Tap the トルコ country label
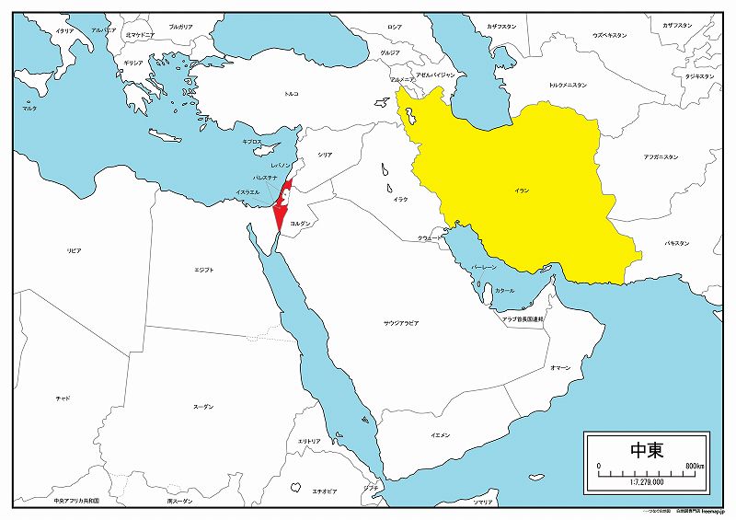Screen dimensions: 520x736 (x=291, y=93)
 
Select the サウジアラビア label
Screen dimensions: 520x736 (x=401, y=323)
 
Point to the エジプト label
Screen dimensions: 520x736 (x=204, y=270)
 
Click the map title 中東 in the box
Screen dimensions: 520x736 (x=648, y=450)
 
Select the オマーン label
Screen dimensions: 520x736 (x=560, y=367)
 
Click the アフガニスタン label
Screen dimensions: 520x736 (x=660, y=157)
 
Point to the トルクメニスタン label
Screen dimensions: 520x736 (x=568, y=85)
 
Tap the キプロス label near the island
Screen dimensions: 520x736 (x=252, y=142)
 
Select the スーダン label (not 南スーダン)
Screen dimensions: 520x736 (x=203, y=406)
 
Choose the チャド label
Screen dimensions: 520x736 (x=63, y=398)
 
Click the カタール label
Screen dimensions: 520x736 (x=505, y=290)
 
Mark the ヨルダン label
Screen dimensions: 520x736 (x=300, y=224)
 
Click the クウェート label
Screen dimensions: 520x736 (x=429, y=237)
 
